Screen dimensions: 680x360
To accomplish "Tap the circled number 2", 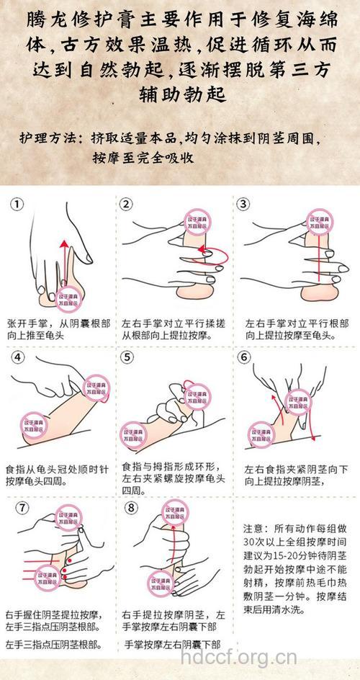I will click(x=127, y=205).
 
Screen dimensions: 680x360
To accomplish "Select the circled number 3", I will click(x=244, y=205).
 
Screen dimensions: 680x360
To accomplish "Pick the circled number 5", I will click(x=127, y=357).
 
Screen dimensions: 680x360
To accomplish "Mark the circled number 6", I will click(x=244, y=357).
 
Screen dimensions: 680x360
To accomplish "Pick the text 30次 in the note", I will click(x=258, y=540).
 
